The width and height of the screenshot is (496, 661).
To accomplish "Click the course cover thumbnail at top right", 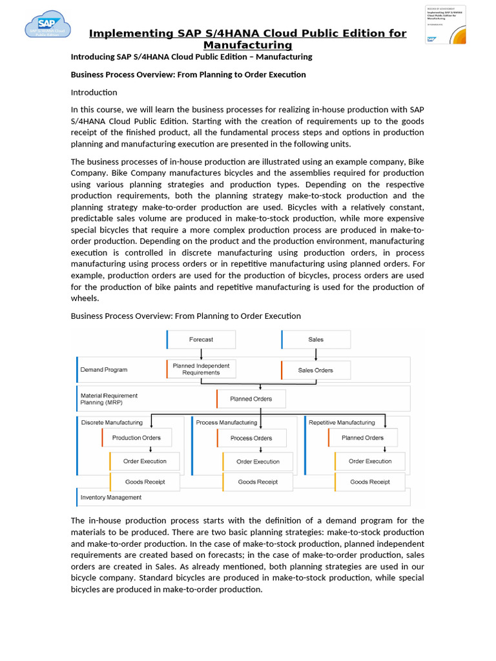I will point(445,25).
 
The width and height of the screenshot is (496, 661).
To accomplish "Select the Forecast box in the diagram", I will point(201,340).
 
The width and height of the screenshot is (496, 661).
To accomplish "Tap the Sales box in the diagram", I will point(316,340).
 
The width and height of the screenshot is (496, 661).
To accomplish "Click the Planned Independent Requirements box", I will point(201,369).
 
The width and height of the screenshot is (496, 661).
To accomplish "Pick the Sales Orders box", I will point(316,371).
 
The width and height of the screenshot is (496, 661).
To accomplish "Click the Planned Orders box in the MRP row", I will point(251,399).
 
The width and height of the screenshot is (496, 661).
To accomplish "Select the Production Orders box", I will point(136,438).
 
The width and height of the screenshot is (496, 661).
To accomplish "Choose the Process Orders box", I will point(251,438).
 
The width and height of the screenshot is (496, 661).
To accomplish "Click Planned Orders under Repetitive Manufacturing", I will point(362,438).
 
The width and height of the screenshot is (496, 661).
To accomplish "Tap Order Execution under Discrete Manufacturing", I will point(145,462).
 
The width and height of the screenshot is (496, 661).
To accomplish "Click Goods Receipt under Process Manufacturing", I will point(258,482).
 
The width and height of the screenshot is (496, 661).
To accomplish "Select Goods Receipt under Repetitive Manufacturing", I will point(369,482).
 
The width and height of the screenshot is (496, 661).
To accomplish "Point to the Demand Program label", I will point(104,370).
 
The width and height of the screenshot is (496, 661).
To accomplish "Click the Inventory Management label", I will point(111,498).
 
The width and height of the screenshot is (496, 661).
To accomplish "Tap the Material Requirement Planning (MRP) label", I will point(109,399).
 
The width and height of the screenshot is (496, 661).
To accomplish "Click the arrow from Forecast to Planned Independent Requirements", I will point(201,354).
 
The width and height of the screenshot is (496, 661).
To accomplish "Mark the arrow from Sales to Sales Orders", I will point(316,354).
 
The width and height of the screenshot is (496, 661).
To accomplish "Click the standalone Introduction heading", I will point(94,92).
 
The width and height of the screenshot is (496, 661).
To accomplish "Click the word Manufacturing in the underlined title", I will point(247,45).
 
